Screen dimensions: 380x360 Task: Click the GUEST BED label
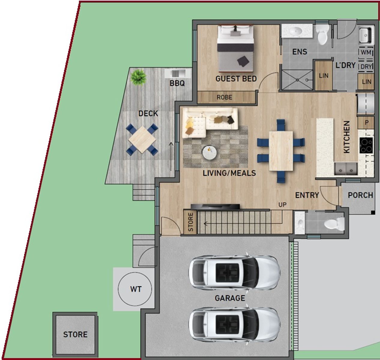coord(236,79)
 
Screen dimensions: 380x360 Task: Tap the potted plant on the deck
coord(138,77)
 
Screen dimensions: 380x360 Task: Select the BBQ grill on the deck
coord(177,74)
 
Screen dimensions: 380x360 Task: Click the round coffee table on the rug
coord(210,153)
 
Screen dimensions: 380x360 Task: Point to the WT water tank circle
coord(135,289)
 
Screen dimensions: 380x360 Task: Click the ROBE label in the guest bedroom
coord(225,97)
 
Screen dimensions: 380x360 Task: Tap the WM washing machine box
coord(366,52)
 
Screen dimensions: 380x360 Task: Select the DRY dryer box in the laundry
coord(366,67)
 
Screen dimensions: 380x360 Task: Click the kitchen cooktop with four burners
coord(366,145)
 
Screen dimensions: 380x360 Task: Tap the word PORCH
coord(360,195)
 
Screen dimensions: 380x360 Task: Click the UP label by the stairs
coord(282,205)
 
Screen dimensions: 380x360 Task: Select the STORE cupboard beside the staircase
coord(190,222)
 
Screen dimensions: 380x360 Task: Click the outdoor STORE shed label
coord(75,334)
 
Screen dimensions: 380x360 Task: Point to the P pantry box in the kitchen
coord(366,122)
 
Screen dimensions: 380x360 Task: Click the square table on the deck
coord(142,139)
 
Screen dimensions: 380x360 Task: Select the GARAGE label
coord(230,298)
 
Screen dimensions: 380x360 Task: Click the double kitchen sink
coord(346,169)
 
